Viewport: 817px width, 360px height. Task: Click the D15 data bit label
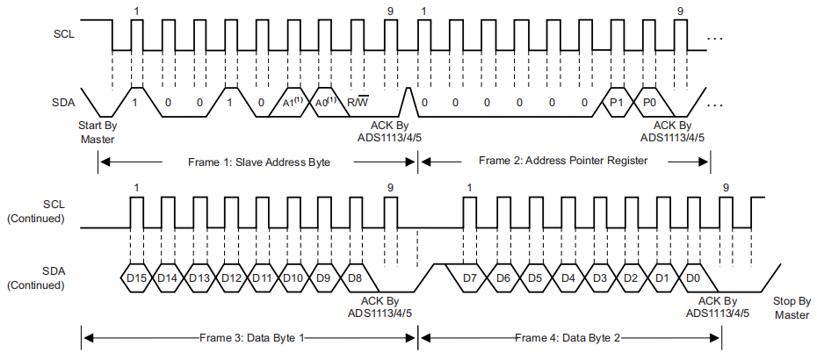pyautogui.click(x=136, y=278)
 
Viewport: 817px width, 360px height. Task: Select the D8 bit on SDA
pyautogui.click(x=355, y=278)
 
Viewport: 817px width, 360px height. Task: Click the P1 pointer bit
pyautogui.click(x=618, y=103)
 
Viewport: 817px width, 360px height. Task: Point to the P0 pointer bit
pyautogui.click(x=650, y=103)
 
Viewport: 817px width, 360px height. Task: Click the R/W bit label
pyautogui.click(x=358, y=103)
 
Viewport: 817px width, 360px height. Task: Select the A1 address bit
pyautogui.click(x=293, y=102)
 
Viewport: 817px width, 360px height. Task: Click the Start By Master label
pyautogui.click(x=98, y=132)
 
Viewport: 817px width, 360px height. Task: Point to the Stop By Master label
pyautogui.click(x=792, y=307)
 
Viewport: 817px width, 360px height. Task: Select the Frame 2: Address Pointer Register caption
pyautogui.click(x=563, y=161)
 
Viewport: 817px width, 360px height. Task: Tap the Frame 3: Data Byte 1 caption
pyautogui.click(x=251, y=338)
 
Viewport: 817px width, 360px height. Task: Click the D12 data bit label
pyautogui.click(x=231, y=278)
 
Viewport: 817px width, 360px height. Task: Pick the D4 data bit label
pyautogui.click(x=568, y=278)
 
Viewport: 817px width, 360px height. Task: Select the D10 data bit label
pyautogui.click(x=293, y=278)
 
